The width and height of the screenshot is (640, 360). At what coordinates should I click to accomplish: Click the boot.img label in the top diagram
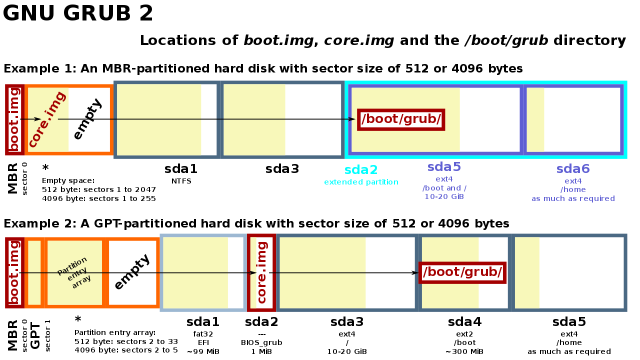click(x=14, y=119)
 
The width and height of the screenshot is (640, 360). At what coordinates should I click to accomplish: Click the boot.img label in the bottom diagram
click(x=14, y=272)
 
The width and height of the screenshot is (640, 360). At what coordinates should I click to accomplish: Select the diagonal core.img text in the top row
click(x=47, y=119)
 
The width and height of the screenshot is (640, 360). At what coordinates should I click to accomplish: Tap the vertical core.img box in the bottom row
click(x=261, y=272)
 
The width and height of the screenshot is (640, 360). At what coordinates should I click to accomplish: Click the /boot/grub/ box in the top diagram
click(x=401, y=119)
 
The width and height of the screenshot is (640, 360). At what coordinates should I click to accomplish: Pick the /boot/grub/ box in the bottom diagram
click(x=462, y=272)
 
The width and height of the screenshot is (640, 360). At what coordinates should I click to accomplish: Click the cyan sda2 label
click(x=361, y=170)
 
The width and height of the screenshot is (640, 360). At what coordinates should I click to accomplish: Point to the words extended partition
click(x=361, y=182)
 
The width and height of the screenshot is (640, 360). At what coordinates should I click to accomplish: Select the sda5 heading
click(x=444, y=167)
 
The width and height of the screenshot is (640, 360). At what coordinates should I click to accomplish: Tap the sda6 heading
click(x=573, y=169)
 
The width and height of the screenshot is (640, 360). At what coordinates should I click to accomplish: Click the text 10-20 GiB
click(x=444, y=197)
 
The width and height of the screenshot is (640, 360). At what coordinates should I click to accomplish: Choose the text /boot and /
click(x=444, y=188)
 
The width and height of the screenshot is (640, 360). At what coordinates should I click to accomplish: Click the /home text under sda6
click(x=573, y=190)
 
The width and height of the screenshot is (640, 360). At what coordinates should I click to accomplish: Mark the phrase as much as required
click(x=573, y=199)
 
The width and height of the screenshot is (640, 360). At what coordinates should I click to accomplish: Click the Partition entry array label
click(x=74, y=272)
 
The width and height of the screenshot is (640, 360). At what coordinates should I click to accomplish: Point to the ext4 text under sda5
click(x=444, y=179)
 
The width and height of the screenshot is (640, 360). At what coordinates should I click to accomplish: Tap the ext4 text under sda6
click(x=573, y=181)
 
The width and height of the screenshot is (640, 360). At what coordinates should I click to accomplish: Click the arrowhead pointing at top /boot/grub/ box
click(x=351, y=119)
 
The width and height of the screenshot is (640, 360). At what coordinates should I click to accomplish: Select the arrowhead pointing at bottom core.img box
click(x=253, y=273)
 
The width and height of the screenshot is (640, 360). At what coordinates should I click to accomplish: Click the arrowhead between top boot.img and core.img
click(x=37, y=119)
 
